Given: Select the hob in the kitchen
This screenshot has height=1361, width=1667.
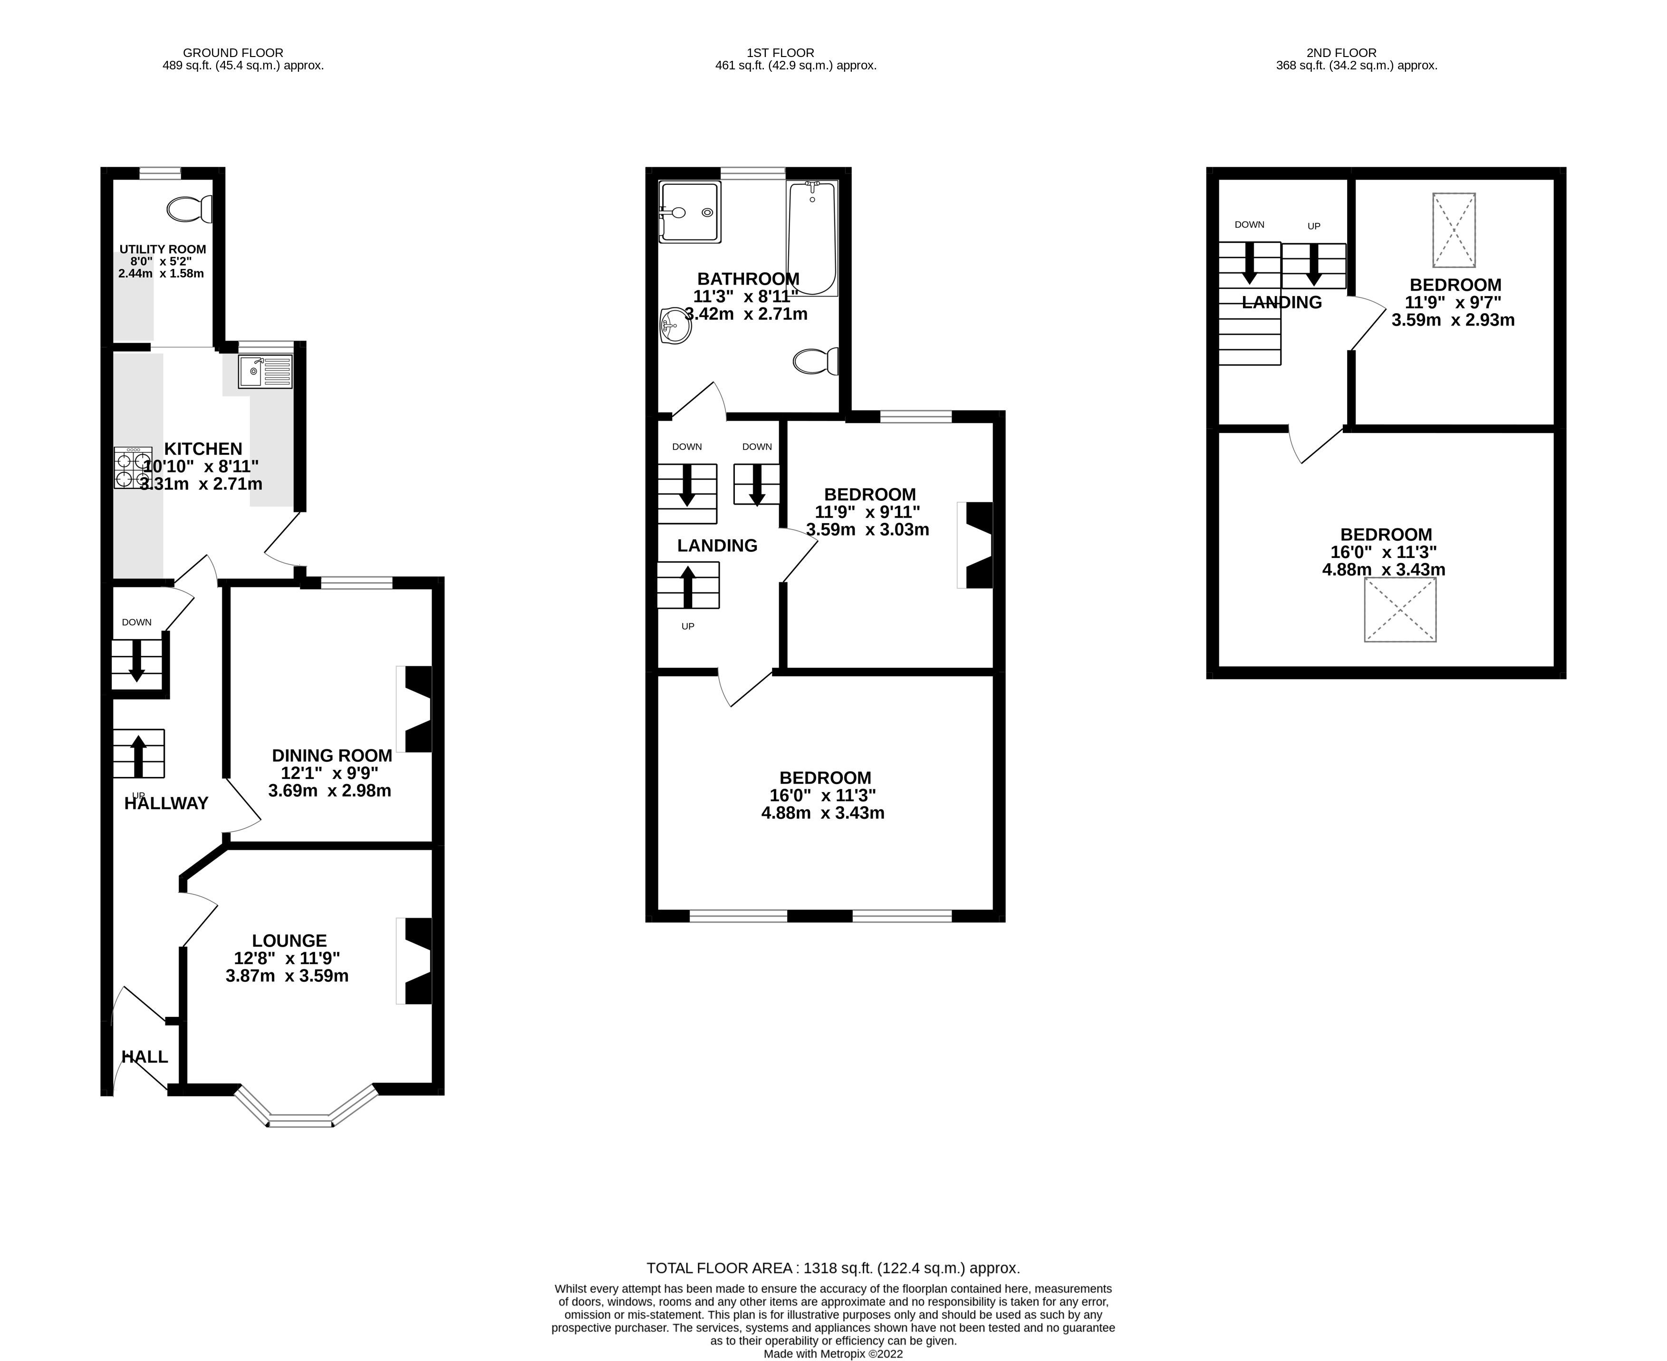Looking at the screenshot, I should coord(133,468).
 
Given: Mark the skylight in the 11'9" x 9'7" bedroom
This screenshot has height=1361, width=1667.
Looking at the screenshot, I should coord(1454,230).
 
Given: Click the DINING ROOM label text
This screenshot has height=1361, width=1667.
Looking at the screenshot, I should coord(332,755).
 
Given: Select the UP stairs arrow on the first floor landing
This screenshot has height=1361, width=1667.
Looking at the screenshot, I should coord(688,585).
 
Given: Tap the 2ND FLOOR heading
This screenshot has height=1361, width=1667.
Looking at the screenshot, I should coord(1341,53).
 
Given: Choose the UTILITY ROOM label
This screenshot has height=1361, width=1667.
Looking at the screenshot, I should coord(162,249).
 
